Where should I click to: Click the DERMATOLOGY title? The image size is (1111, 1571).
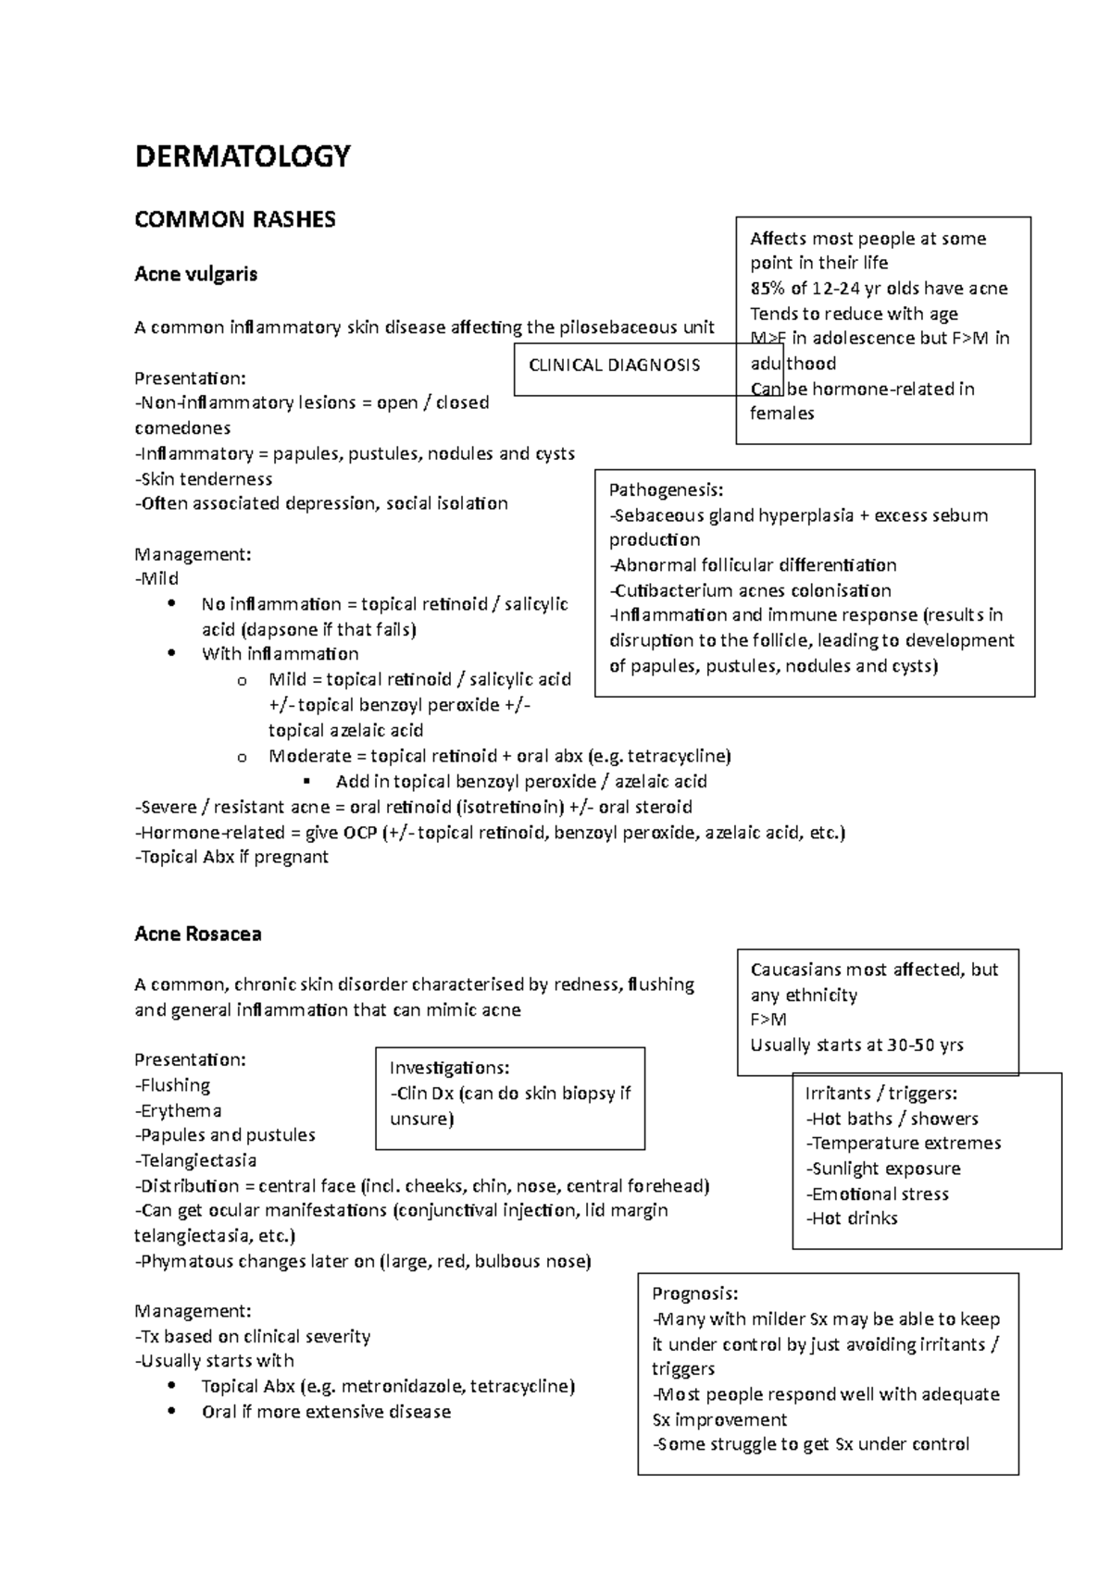[x=243, y=156]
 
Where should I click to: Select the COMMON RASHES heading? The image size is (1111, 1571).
[x=234, y=220]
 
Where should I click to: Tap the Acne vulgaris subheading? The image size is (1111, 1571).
[x=195, y=274]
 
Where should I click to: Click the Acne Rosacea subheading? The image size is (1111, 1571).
[x=197, y=934]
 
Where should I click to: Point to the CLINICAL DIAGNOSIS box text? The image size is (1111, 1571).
[x=614, y=365]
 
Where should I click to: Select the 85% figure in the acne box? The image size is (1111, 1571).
[x=768, y=289]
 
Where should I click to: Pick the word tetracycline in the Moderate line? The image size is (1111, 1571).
[x=678, y=756]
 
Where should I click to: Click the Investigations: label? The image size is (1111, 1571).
[x=449, y=1069]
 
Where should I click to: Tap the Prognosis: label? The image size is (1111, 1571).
[x=694, y=1294]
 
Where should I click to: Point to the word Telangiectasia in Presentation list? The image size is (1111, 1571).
[x=196, y=1160]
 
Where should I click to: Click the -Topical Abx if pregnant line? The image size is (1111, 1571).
[x=231, y=858]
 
